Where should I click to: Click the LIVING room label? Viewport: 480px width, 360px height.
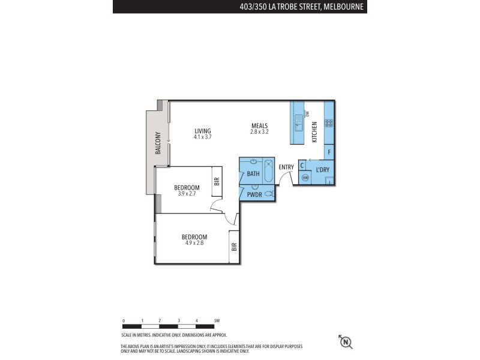[x=203, y=131]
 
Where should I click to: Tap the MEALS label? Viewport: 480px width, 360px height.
[x=259, y=125]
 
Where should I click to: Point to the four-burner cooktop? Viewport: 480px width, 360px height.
[x=329, y=123]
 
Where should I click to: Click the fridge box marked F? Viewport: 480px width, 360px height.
[x=329, y=152]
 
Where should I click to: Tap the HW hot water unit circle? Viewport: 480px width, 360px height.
[x=305, y=178]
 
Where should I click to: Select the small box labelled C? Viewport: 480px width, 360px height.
[x=302, y=166]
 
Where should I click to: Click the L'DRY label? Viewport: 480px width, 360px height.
[x=322, y=170]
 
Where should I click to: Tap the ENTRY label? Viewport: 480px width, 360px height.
[x=286, y=167]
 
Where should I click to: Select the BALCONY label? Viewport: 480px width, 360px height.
[x=158, y=143]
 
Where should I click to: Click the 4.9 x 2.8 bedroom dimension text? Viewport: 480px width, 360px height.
[x=194, y=243]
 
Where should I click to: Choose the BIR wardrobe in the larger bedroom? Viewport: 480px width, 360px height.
[x=234, y=247]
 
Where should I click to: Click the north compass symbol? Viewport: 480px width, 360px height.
[x=346, y=342]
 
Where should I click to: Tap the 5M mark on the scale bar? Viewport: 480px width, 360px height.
[x=216, y=321]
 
